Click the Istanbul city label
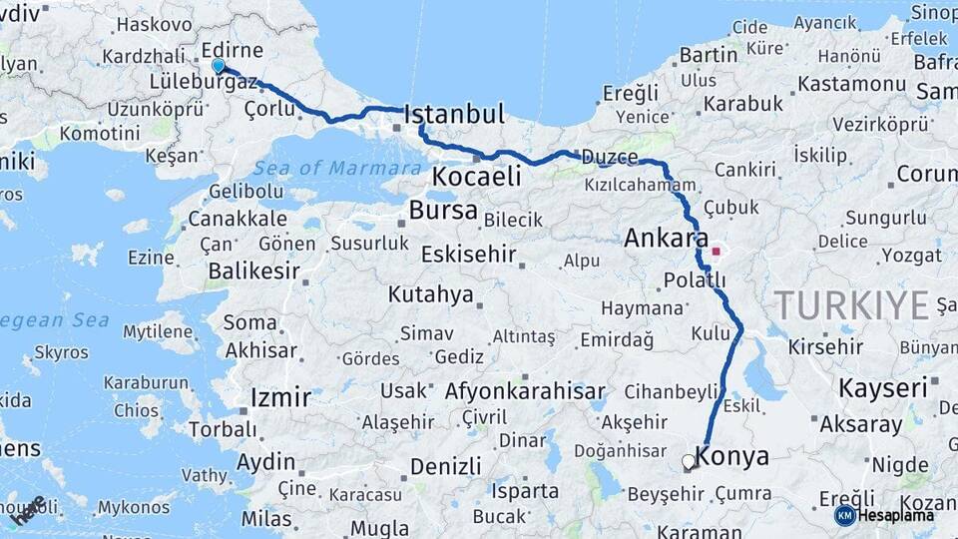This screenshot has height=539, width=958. point(454,114)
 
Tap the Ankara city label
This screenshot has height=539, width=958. point(660,239)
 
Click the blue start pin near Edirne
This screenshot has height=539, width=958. point(219,66)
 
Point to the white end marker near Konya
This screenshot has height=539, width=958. point(689,462)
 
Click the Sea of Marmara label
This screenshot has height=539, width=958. point(336,168)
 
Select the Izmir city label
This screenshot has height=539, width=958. point(280,397)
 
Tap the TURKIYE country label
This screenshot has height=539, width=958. point(851,304)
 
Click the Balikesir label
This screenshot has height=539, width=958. point(254,270)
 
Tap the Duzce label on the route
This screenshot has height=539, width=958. point(609,157)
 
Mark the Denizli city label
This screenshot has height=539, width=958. point(445,466)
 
